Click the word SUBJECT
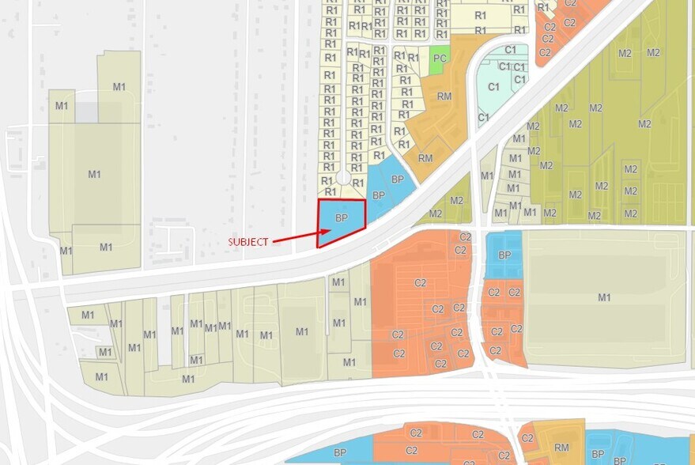click(248, 241)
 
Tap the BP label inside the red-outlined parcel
click(342, 217)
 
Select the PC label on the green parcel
click(440, 59)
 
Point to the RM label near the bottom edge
click(561, 448)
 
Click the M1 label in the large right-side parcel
click(604, 297)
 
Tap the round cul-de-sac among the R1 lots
click(343, 179)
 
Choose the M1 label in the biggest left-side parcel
click(94, 174)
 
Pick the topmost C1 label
click(510, 50)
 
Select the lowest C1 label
click(484, 118)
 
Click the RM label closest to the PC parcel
click(444, 96)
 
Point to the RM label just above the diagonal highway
click(425, 158)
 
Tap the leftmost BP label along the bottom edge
click(340, 452)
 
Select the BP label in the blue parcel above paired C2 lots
click(504, 255)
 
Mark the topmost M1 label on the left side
click(119, 86)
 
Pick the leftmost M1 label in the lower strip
click(87, 315)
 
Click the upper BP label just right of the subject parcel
click(398, 180)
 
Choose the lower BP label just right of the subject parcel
click(379, 195)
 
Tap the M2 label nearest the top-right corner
click(653, 53)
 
